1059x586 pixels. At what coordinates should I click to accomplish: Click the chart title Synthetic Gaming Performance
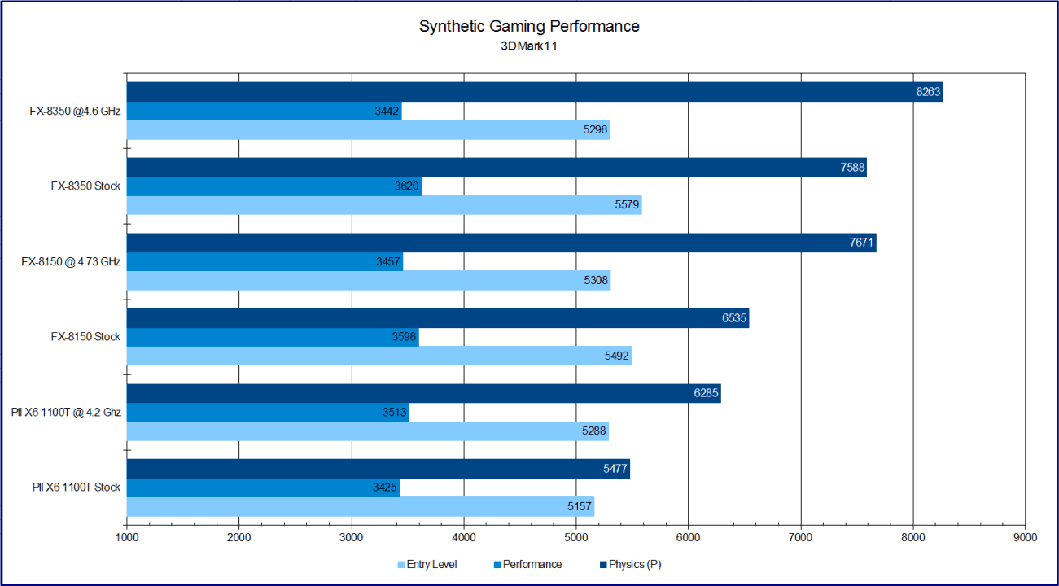pyautogui.click(x=529, y=26)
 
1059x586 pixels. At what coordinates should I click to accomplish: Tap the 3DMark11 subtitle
pyautogui.click(x=529, y=46)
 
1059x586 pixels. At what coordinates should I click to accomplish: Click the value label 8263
pyautogui.click(x=928, y=92)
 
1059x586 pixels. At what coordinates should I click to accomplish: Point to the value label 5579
pyautogui.click(x=628, y=205)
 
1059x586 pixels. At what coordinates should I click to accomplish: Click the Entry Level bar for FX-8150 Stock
pyautogui.click(x=379, y=356)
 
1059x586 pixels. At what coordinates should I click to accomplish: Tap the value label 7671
pyautogui.click(x=861, y=243)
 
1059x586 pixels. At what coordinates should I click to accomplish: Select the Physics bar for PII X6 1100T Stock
pyautogui.click(x=378, y=469)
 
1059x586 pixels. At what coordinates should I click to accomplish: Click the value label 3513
pyautogui.click(x=395, y=413)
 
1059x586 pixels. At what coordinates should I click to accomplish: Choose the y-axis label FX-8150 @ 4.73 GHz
pyautogui.click(x=71, y=261)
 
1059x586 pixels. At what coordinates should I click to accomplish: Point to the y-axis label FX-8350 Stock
pyautogui.click(x=85, y=186)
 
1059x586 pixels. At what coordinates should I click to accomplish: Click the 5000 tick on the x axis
pyautogui.click(x=575, y=537)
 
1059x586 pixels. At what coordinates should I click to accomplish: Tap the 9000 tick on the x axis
pyautogui.click(x=1025, y=537)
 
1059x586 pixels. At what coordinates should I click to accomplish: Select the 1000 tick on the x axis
pyautogui.click(x=127, y=537)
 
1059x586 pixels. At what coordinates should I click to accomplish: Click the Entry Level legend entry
pyautogui.click(x=427, y=564)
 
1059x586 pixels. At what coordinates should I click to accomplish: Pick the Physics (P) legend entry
pyautogui.click(x=631, y=564)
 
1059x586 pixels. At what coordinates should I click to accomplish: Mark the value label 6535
pyautogui.click(x=734, y=318)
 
